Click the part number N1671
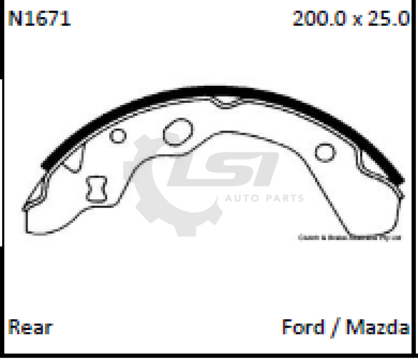[40, 18]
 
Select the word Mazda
[378, 327]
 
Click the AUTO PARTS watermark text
[265, 199]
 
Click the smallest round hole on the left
[118, 136]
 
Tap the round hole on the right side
[325, 152]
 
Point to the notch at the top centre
[223, 102]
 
